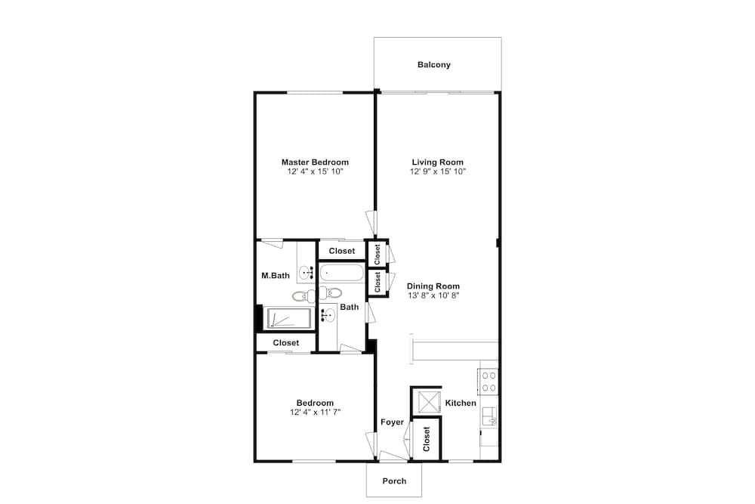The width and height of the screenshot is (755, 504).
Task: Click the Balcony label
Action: tap(434, 64)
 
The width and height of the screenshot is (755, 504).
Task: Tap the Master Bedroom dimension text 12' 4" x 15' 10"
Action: tap(315, 172)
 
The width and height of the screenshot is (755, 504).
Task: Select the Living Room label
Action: tap(438, 162)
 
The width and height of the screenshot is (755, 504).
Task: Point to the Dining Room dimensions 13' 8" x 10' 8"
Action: tap(433, 295)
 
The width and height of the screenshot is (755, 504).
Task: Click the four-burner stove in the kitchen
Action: tap(488, 381)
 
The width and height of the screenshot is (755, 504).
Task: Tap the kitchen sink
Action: tap(490, 417)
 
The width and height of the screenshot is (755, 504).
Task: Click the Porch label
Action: tap(394, 481)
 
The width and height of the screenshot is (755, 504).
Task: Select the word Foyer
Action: tap(392, 422)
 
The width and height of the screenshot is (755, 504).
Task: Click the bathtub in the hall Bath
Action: tap(341, 274)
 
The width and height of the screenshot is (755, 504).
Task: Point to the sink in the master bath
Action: tap(305, 274)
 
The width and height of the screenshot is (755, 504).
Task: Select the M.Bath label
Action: tap(276, 276)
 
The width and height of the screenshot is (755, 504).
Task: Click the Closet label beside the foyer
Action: tap(426, 440)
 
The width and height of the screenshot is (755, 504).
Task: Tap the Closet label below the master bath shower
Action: tap(286, 342)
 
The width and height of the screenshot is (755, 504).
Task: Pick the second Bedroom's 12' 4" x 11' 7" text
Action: tap(316, 412)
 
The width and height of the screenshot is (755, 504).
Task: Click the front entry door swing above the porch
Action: tap(393, 456)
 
